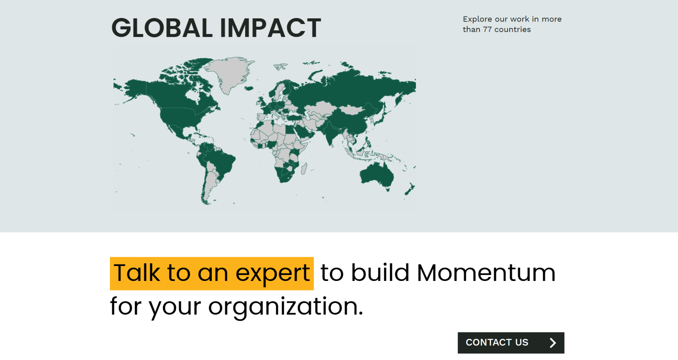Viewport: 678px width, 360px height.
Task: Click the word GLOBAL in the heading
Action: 162,28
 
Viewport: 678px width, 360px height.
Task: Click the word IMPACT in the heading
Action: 270,28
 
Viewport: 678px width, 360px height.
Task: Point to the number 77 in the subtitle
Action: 487,29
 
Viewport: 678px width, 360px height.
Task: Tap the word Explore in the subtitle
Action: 477,19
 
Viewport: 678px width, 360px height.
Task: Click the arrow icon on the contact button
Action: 553,343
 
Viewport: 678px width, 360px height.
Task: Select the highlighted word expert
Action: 273,274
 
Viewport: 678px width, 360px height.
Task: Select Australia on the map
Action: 376,175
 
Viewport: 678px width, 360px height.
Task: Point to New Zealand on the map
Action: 410,190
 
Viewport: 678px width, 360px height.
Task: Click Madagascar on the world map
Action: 304,169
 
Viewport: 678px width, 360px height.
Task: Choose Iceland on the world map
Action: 249,88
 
